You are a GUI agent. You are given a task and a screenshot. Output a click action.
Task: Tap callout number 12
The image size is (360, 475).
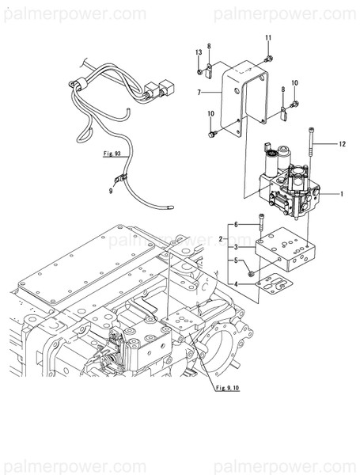(x=343, y=144)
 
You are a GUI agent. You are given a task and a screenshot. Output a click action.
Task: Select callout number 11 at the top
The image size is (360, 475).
(x=267, y=39)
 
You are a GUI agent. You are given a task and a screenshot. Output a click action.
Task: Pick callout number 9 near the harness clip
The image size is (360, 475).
(x=111, y=189)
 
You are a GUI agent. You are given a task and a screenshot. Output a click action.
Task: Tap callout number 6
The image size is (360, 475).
(x=235, y=225)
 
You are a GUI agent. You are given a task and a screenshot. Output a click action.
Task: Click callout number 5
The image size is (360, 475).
(x=235, y=260)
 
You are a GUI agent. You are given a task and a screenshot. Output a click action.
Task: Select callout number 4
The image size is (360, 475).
(x=235, y=284)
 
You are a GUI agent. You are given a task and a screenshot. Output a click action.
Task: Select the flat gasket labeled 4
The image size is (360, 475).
(x=275, y=285)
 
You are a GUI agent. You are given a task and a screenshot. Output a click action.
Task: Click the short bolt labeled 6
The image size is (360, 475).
(x=261, y=222)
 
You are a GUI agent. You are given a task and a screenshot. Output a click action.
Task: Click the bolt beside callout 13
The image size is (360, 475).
(x=199, y=71)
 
